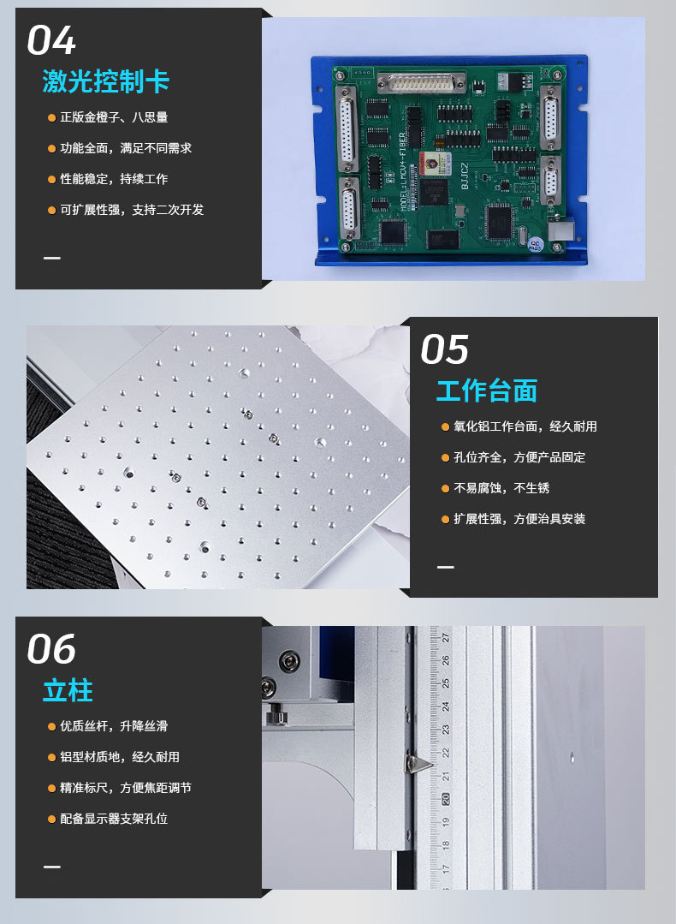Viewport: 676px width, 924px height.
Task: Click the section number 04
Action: pyautogui.click(x=51, y=40)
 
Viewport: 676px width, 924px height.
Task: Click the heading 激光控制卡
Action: pyautogui.click(x=105, y=81)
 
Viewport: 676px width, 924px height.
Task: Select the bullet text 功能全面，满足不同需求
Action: pyautogui.click(x=125, y=148)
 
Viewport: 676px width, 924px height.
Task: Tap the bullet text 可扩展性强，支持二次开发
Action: pyautogui.click(x=131, y=210)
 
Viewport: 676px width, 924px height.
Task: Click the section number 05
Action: pyautogui.click(x=444, y=349)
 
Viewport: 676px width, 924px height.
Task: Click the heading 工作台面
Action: pyautogui.click(x=486, y=390)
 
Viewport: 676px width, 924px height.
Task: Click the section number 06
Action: pyautogui.click(x=51, y=650)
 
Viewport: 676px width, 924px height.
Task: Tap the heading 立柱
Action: pyautogui.click(x=68, y=690)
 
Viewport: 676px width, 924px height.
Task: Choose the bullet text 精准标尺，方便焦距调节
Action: pyautogui.click(x=125, y=788)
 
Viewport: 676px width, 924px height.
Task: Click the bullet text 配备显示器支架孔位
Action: pyautogui.click(x=113, y=819)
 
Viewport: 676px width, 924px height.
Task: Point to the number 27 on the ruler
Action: pyautogui.click(x=446, y=636)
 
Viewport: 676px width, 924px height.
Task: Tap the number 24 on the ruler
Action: pyautogui.click(x=446, y=707)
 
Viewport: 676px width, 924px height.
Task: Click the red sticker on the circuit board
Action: pyautogui.click(x=433, y=163)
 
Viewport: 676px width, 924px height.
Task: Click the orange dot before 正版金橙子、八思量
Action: pyautogui.click(x=51, y=117)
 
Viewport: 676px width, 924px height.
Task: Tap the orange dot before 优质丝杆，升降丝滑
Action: pyautogui.click(x=51, y=726)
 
